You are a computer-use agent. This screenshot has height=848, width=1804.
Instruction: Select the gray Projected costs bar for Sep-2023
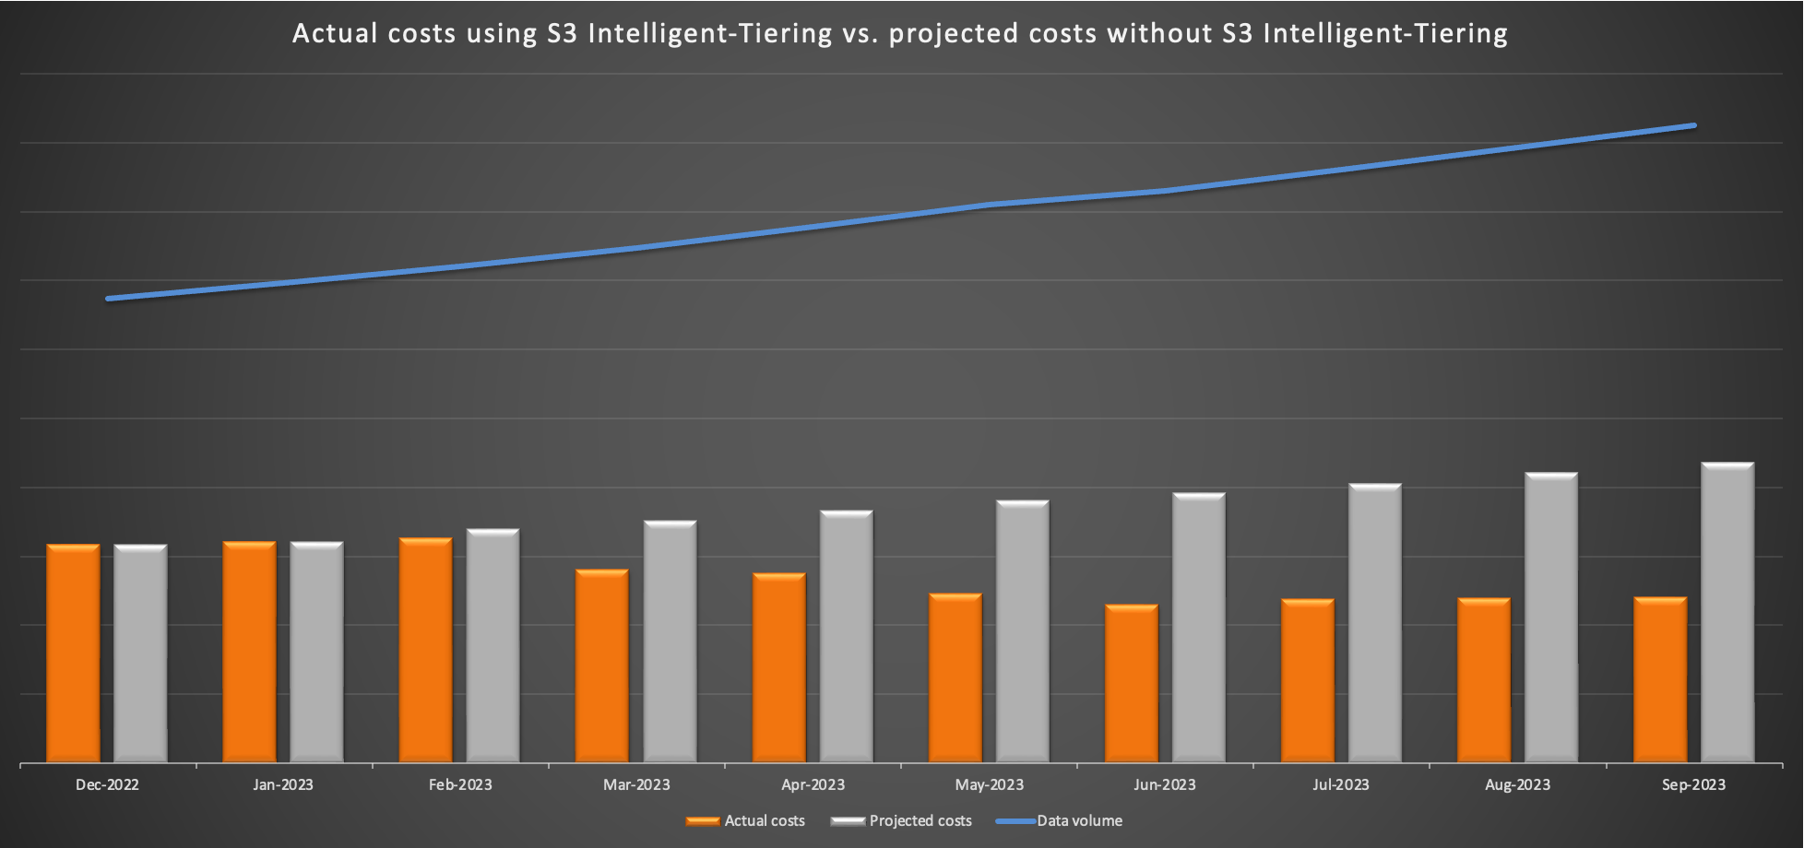(1727, 612)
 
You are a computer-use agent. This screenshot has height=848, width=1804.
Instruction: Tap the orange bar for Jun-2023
(1131, 683)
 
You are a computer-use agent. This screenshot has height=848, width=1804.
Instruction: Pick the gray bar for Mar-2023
(670, 642)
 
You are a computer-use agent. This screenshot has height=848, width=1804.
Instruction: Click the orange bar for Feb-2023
(425, 650)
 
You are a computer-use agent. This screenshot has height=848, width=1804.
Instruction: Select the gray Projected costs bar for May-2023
(1022, 631)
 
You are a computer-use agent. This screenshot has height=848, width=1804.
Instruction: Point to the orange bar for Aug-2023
(1483, 680)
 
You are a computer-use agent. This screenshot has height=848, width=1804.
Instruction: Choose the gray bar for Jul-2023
(1374, 623)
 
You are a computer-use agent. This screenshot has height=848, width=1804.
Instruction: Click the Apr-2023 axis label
(813, 785)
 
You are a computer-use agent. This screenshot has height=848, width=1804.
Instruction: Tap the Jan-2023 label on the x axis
(283, 785)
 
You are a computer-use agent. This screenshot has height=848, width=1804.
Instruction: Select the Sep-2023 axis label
(1693, 785)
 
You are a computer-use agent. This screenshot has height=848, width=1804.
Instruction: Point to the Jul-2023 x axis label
(1341, 785)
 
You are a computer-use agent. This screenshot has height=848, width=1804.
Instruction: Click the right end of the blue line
(1692, 126)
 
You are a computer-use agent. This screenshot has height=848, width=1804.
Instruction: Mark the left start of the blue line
(109, 299)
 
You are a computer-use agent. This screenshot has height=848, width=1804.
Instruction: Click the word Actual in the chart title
(335, 33)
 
